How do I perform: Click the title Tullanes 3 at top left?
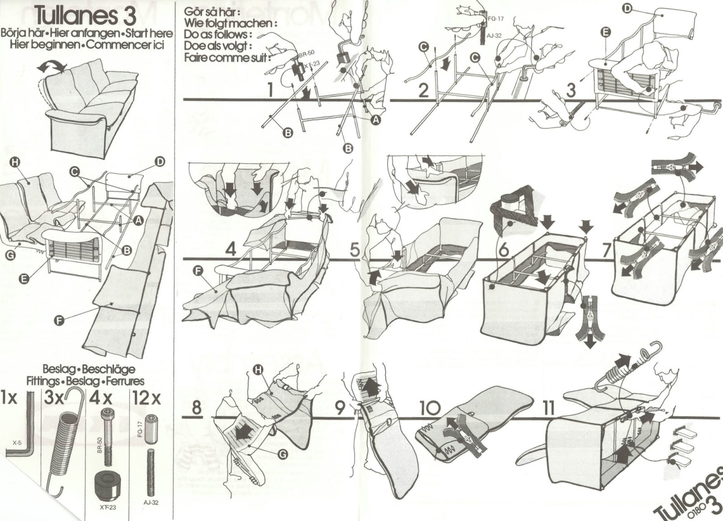(85, 15)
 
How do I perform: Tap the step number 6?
(503, 249)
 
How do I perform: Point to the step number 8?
(196, 408)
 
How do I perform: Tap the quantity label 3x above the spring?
(55, 399)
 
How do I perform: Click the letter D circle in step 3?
(628, 9)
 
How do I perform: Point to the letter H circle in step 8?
(258, 371)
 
